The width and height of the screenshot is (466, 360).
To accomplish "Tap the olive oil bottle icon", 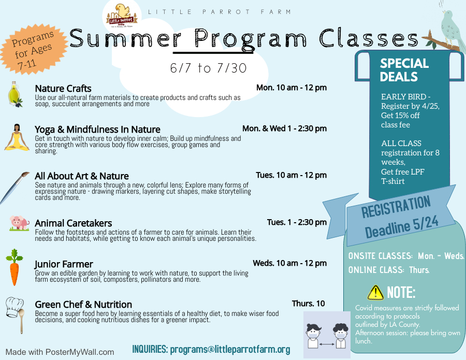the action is click(x=15, y=94).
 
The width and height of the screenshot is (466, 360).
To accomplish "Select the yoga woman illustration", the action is click(x=17, y=137).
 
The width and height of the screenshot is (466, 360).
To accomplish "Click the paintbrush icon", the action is click(x=14, y=188).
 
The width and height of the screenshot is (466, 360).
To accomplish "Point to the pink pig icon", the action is click(x=19, y=223).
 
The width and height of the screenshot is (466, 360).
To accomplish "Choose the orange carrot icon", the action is click(x=14, y=267).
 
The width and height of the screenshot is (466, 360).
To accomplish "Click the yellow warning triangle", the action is click(x=375, y=293).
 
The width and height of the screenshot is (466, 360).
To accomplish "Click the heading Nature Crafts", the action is click(x=63, y=88).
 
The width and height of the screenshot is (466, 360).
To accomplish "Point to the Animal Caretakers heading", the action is click(x=74, y=223).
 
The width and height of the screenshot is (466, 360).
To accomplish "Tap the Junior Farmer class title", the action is click(x=64, y=264).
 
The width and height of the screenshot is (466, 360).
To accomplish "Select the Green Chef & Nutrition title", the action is click(x=83, y=305).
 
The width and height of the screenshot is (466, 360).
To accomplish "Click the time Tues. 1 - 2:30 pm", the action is click(x=297, y=222).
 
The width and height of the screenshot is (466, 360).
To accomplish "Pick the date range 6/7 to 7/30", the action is click(x=208, y=68).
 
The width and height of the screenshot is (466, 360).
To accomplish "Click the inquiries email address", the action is click(x=230, y=349).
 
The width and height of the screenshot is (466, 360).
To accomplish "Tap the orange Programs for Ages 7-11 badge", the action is click(x=33, y=49).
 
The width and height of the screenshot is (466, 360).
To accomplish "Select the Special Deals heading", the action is click(x=404, y=70).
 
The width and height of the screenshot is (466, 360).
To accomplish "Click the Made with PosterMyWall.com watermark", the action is click(x=60, y=352).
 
